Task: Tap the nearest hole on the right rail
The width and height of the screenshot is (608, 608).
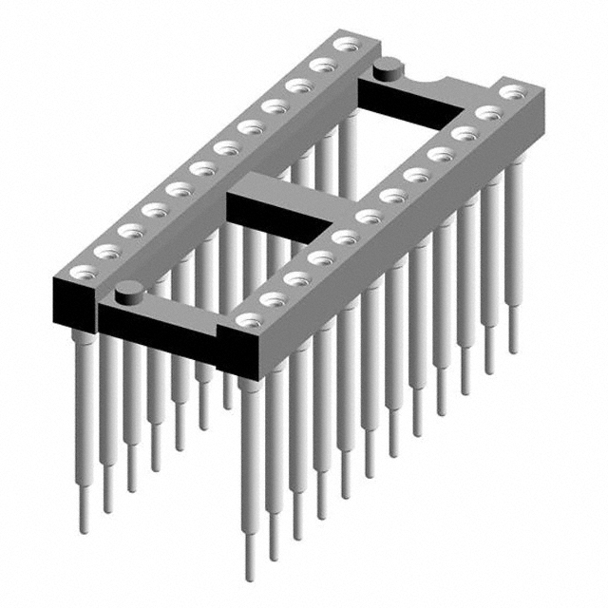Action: pos(249,320)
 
